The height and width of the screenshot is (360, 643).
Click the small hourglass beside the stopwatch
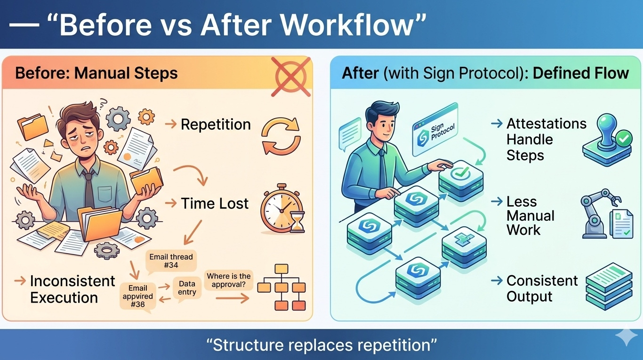297,222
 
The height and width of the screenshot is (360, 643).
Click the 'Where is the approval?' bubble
229,280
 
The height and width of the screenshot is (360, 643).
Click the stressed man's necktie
88,189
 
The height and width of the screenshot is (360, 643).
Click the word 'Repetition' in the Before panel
216,125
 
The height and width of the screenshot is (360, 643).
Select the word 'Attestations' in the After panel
546,124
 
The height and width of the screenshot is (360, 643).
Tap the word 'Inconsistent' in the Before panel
72,281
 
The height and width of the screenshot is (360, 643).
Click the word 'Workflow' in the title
364,25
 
